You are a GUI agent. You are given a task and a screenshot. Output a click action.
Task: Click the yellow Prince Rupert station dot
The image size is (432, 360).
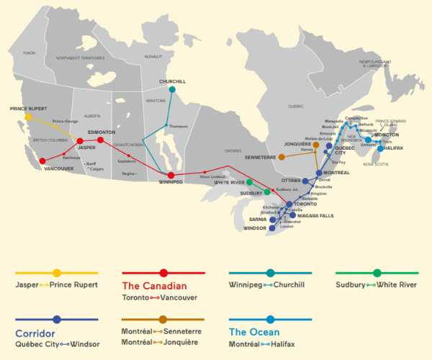click(28, 116)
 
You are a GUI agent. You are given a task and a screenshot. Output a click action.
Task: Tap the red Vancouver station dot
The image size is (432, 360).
click(42, 161)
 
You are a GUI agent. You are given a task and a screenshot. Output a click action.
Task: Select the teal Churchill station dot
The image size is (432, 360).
click(172, 90)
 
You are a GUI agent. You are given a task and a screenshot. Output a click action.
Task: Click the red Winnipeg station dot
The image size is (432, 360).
click(171, 175)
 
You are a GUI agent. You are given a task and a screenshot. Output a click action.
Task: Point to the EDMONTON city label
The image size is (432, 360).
click(101, 132)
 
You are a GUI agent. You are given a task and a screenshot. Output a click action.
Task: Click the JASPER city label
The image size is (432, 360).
click(86, 147)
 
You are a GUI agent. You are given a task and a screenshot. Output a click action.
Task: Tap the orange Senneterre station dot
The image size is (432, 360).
click(282, 156)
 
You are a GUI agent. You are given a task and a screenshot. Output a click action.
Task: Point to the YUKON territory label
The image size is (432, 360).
click(28, 53)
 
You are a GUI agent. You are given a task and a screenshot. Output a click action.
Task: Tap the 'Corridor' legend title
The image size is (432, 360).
click(37, 333)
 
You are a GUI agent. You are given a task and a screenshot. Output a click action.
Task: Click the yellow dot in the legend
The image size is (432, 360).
click(56, 273)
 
